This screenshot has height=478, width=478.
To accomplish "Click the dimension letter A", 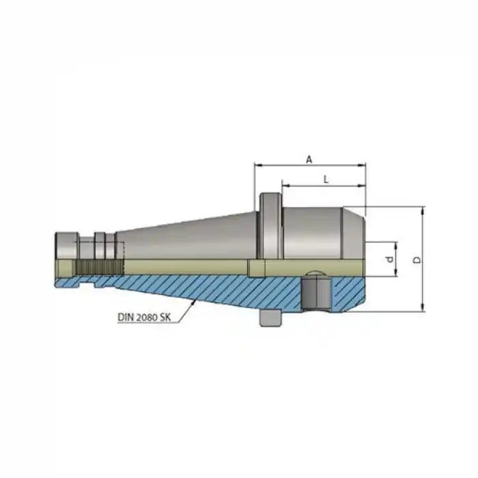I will pos(309,158).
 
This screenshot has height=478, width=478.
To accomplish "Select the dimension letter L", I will pos(326,179).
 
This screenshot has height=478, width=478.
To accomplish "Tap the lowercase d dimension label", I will pos(389,259).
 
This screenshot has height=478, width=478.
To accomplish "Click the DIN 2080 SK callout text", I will pos(146,316).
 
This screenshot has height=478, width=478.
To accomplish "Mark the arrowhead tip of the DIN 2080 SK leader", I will pos(194,299).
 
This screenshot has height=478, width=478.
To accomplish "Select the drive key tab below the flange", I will pos(271,318).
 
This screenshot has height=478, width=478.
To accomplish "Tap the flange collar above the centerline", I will pos(269,225).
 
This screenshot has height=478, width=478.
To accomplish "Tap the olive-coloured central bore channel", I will pos(191,267).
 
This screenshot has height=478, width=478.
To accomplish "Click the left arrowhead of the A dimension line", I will pos(257,165).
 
